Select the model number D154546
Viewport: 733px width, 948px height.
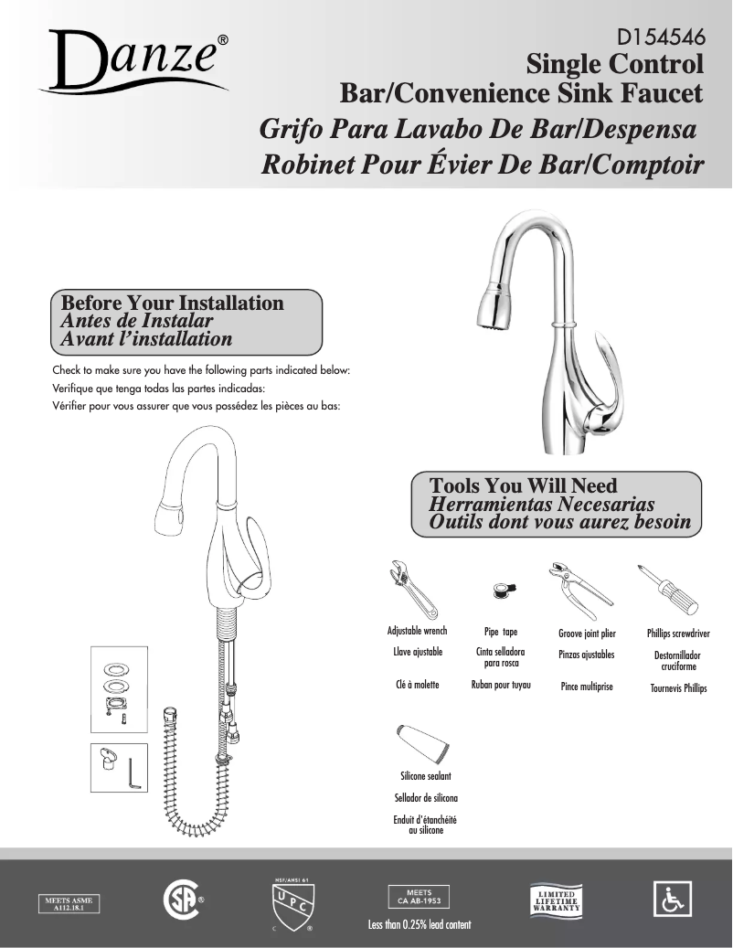(x=660, y=38)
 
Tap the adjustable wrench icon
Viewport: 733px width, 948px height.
(x=413, y=590)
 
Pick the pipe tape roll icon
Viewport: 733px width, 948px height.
(x=502, y=589)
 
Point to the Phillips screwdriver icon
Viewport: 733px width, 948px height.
(x=669, y=591)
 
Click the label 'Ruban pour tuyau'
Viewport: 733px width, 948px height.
(x=501, y=685)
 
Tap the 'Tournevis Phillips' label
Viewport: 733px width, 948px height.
(x=678, y=688)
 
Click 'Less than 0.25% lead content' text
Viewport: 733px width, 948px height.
(x=420, y=925)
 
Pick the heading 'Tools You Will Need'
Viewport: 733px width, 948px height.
(x=524, y=486)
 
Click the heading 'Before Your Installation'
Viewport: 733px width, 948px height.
(x=172, y=303)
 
